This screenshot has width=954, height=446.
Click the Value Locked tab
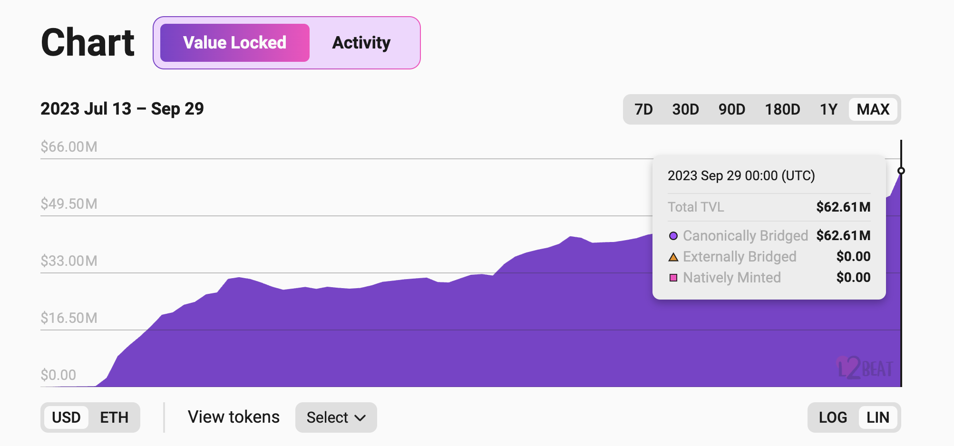tap(234, 43)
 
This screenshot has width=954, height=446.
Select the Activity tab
tap(361, 43)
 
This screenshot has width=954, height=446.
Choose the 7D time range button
tap(643, 109)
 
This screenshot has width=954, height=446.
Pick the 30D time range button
tap(685, 109)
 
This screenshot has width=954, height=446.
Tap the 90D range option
tap(731, 109)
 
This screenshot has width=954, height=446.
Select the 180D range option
tap(782, 109)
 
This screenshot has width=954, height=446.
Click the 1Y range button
tap(828, 109)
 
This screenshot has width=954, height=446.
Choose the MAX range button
tap(873, 109)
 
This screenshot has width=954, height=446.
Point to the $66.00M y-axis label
tap(69, 147)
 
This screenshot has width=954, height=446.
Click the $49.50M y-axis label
tap(69, 204)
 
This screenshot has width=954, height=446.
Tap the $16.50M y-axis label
tap(69, 318)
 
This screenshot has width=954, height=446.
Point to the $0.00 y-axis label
tap(58, 375)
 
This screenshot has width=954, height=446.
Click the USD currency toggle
tap(66, 417)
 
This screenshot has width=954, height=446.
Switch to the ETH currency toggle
tap(114, 417)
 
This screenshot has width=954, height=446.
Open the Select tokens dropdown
tap(336, 417)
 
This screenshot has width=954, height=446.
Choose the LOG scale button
tap(833, 417)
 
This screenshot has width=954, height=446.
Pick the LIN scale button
tap(877, 417)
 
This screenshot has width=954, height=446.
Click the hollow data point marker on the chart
tap(901, 171)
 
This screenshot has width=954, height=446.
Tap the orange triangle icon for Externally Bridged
tap(673, 257)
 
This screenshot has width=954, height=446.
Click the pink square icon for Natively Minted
tap(673, 278)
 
